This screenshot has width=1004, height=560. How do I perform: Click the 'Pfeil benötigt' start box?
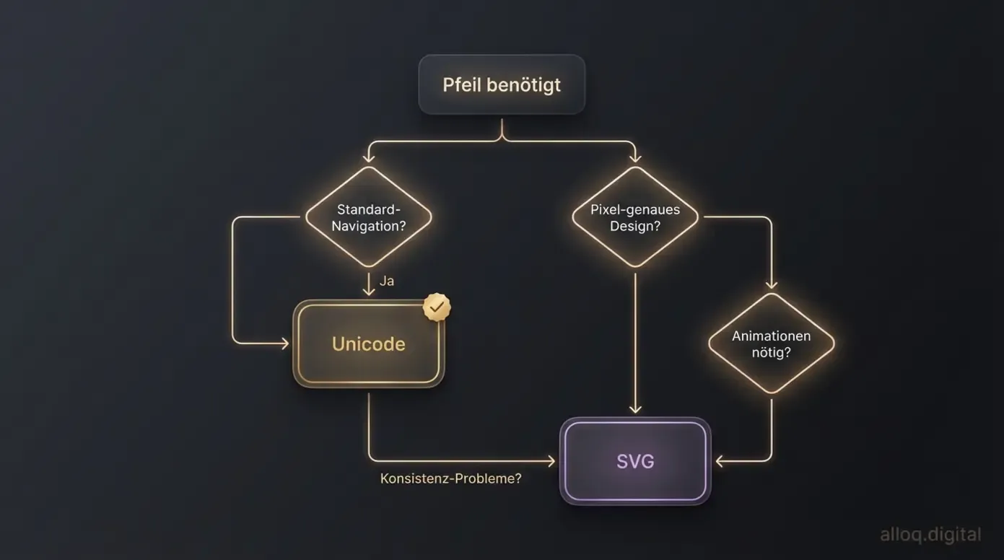[502, 84]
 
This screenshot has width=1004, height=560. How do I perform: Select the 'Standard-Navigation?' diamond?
[368, 217]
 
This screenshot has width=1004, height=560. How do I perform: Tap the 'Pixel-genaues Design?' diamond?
[635, 217]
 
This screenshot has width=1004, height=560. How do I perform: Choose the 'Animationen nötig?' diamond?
[771, 344]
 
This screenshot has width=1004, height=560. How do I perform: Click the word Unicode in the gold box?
[368, 344]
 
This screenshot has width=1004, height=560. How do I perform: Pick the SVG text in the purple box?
[635, 461]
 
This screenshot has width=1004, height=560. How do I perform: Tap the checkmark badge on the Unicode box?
[436, 307]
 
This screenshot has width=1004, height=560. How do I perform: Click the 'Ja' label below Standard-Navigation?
[387, 281]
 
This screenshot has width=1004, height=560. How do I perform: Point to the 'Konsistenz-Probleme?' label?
[450, 478]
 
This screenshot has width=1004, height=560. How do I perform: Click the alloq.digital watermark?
[930, 535]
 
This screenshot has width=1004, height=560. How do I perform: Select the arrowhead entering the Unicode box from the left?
[284, 344]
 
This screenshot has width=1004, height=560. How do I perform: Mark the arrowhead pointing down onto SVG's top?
[635, 409]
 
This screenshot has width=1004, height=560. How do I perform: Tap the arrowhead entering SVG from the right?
[720, 460]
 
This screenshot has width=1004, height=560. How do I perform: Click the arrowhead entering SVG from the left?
[551, 460]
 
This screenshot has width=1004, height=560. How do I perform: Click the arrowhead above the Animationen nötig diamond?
[771, 284]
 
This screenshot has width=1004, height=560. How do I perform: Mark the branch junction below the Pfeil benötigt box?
[502, 137]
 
